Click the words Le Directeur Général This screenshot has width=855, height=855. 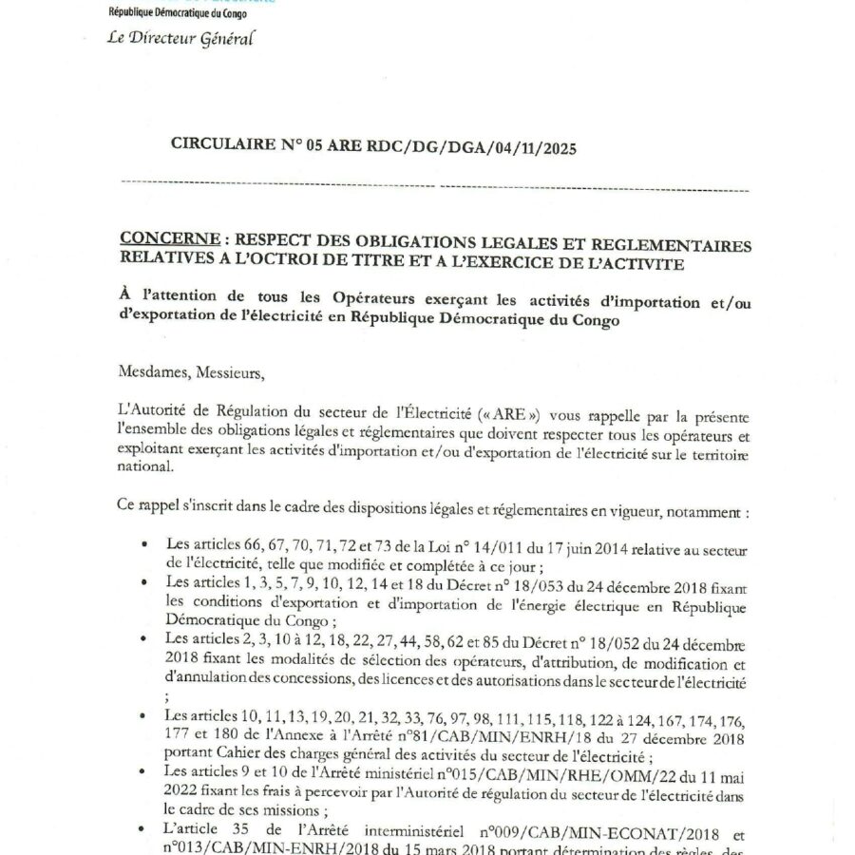point(181,39)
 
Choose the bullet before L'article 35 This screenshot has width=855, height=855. point(143,819)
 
